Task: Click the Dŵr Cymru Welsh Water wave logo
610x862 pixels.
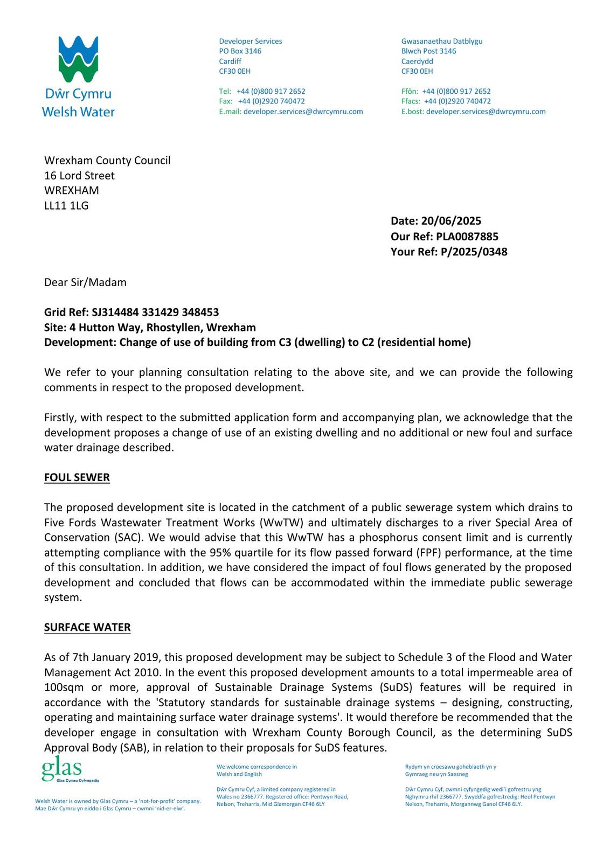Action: click(78, 59)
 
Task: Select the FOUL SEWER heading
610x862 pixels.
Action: click(77, 477)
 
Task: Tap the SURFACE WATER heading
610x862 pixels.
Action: click(87, 627)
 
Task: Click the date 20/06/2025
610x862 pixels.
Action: click(451, 221)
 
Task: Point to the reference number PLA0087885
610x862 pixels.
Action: click(467, 237)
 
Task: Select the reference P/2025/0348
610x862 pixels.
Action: click(474, 252)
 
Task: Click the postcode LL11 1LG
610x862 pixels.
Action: click(66, 205)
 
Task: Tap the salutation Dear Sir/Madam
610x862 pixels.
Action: click(85, 282)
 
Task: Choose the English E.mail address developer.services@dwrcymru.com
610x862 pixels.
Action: click(303, 112)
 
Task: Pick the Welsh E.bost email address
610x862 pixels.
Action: click(486, 112)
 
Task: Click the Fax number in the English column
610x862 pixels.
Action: click(271, 101)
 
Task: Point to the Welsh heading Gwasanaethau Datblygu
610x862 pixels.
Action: click(442, 41)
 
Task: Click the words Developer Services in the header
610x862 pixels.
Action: click(250, 41)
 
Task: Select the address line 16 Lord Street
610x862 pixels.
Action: click(79, 176)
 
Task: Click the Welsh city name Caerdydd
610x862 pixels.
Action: click(417, 61)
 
